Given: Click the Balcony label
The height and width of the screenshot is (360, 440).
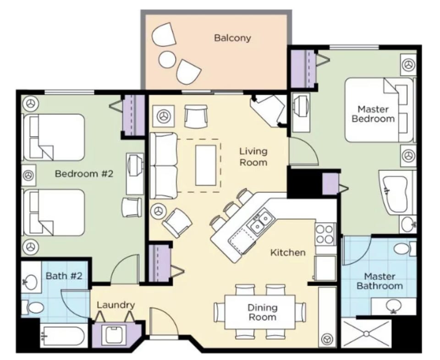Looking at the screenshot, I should pyautogui.click(x=232, y=38).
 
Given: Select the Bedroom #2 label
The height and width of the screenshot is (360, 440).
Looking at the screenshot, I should pyautogui.click(x=84, y=174).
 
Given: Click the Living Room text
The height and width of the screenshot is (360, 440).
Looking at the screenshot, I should pyautogui.click(x=253, y=156).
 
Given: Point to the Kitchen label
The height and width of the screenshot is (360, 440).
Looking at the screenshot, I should pyautogui.click(x=287, y=252).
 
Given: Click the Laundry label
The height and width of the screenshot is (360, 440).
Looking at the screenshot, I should pyautogui.click(x=115, y=305).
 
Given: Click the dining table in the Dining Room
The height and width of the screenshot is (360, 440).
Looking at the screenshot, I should pyautogui.click(x=260, y=311).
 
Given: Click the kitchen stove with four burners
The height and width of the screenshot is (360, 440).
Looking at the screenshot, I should pyautogui.click(x=325, y=234).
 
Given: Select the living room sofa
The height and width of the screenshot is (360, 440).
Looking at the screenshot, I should pyautogui.click(x=164, y=165).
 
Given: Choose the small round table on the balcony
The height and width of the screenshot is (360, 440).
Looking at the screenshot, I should pyautogui.click(x=167, y=59).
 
